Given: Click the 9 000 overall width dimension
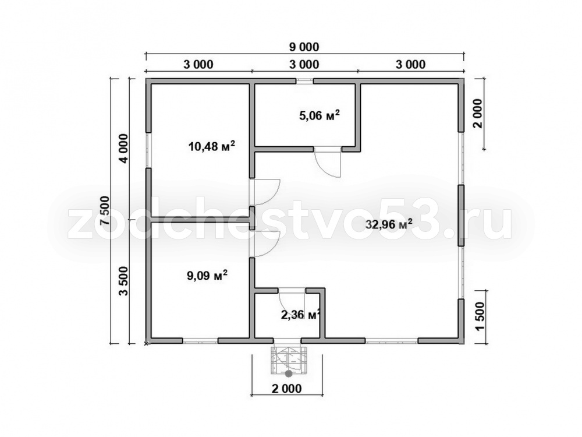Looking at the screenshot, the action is click(304, 47).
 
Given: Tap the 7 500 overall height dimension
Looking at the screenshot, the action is click(106, 211).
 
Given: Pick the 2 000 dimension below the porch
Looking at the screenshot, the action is click(286, 389).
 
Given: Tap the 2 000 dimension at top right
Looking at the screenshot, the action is click(478, 114).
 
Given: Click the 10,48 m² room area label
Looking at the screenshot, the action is click(212, 146).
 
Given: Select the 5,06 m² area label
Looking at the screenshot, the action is click(320, 115).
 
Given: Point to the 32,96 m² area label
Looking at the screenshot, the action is click(389, 224).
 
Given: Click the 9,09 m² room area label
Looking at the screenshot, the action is click(207, 276).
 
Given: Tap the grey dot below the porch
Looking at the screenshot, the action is click(288, 373).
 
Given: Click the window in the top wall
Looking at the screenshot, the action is click(305, 80).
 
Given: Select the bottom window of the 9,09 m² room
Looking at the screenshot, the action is click(200, 340).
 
